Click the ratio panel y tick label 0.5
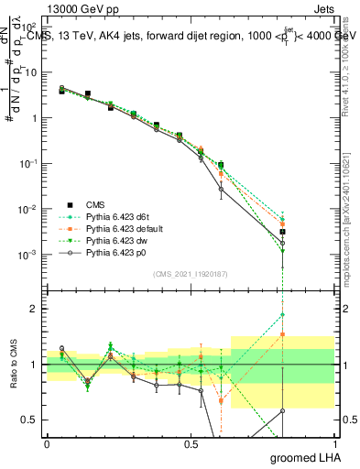pos(31,420)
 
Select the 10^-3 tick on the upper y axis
pos(28,254)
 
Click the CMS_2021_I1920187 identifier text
pos(190,274)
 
